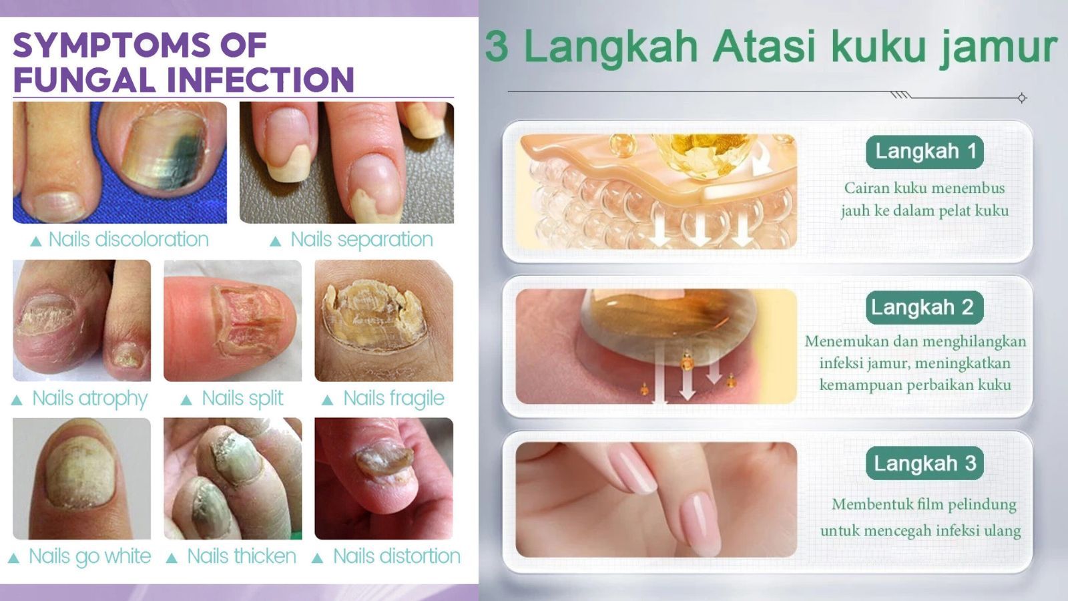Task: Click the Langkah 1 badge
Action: [x=924, y=152]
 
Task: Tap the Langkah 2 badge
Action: [x=924, y=308]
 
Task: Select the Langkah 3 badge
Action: [x=924, y=463]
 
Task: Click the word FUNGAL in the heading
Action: [x=84, y=79]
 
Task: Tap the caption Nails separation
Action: [x=362, y=240]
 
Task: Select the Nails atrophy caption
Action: [x=90, y=399]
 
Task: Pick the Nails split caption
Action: [x=243, y=399]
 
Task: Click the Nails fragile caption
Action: [x=394, y=399]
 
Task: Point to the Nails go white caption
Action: [x=89, y=557]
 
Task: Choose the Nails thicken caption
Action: [x=242, y=556]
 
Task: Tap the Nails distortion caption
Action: [x=396, y=556]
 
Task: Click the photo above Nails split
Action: [x=233, y=321]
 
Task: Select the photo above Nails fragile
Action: [x=384, y=321]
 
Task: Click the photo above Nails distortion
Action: [x=384, y=479]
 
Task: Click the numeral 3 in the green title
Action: [x=497, y=46]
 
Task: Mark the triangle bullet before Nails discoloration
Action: [x=36, y=241]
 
